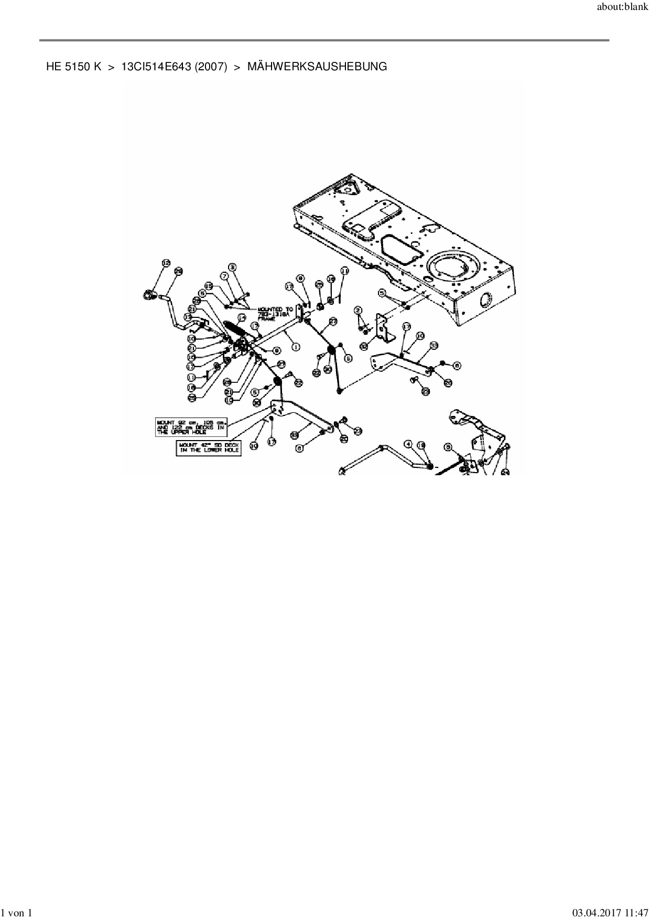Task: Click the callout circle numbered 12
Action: click(x=166, y=263)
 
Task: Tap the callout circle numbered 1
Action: click(x=295, y=347)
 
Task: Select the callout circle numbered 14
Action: click(x=242, y=318)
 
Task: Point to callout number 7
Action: click(x=224, y=275)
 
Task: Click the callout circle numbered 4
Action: click(x=408, y=444)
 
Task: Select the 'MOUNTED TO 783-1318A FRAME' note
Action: click(x=275, y=315)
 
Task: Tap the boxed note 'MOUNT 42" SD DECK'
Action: click(x=209, y=447)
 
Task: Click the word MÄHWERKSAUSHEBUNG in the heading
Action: click(x=317, y=67)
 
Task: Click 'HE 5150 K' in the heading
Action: click(x=73, y=67)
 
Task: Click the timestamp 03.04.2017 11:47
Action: click(x=606, y=913)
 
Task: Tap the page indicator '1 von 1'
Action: click(x=17, y=913)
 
